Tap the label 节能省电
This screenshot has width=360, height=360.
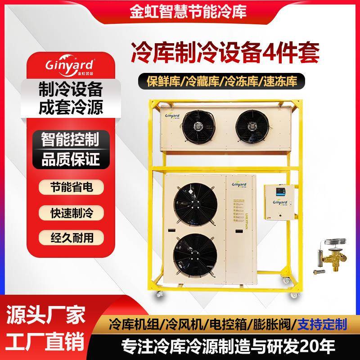click(x=69, y=187)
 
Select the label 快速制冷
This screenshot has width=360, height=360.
click(x=69, y=211)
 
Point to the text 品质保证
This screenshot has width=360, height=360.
click(x=69, y=159)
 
